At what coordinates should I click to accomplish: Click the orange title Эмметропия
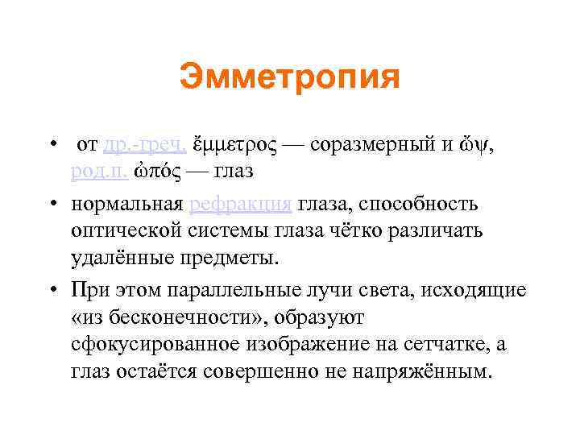289,78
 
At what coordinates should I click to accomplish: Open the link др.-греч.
146,145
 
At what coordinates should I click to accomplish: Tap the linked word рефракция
240,204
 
